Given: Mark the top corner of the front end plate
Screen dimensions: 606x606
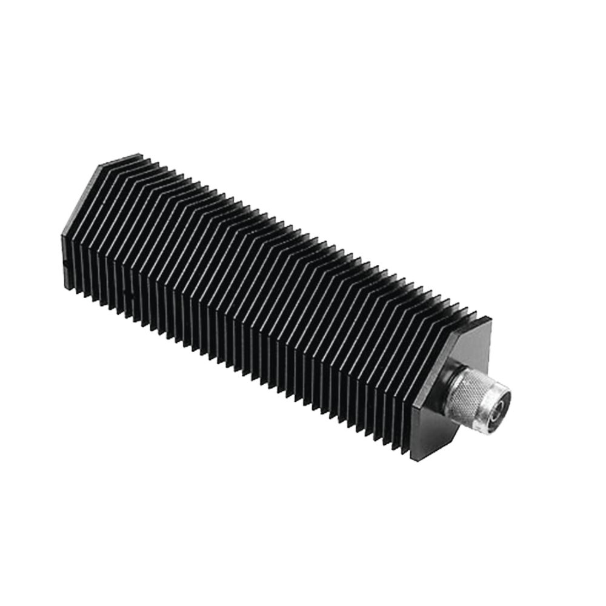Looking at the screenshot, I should click(491, 318).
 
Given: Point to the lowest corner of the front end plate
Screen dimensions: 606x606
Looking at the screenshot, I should click(424, 461).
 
